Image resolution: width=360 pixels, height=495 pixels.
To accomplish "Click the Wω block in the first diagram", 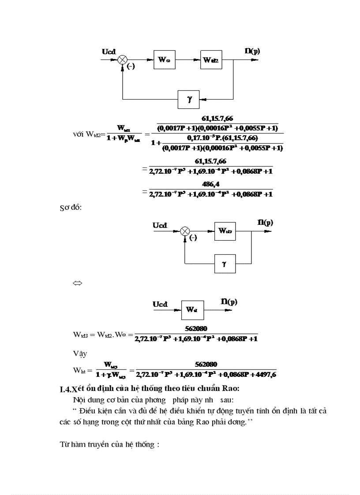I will click(x=164, y=60).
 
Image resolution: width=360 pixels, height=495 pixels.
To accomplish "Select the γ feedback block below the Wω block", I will click(x=189, y=99).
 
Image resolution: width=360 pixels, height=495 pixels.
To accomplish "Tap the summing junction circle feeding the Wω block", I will click(x=122, y=60).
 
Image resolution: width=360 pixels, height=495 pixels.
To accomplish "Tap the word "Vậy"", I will click(x=80, y=353).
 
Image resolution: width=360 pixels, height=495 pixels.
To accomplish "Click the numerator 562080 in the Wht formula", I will click(x=206, y=365).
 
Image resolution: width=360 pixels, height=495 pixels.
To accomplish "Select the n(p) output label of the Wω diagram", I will click(x=252, y=51).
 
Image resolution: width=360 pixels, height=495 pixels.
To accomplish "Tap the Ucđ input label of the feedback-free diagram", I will click(x=160, y=304).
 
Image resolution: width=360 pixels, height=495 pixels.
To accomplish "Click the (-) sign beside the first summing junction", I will click(x=131, y=67).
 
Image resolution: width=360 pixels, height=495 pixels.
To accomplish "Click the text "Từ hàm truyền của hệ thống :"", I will click(x=109, y=444).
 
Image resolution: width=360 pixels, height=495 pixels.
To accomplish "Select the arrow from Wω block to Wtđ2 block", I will click(x=187, y=60).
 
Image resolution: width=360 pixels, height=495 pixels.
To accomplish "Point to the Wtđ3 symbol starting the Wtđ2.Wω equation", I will click(x=81, y=335).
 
